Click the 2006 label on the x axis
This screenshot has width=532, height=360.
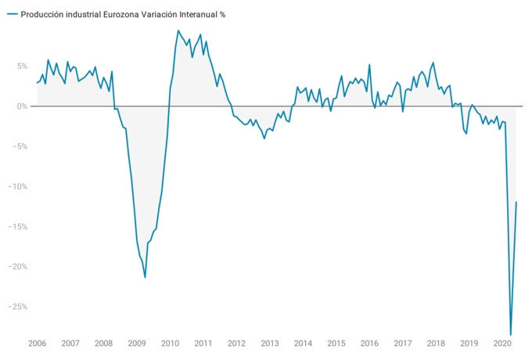37,344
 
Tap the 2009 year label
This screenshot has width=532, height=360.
137,344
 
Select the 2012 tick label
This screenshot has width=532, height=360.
237,344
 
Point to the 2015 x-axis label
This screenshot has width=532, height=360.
336,344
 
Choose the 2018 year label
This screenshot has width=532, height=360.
436,344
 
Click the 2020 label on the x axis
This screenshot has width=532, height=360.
502,344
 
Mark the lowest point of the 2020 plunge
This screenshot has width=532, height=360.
511,335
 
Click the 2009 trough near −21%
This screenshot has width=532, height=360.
146,277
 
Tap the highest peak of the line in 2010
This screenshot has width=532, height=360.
178,31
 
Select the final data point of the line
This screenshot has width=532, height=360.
516,202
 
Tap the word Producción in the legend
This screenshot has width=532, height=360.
42,14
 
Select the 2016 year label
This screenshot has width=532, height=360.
369,344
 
